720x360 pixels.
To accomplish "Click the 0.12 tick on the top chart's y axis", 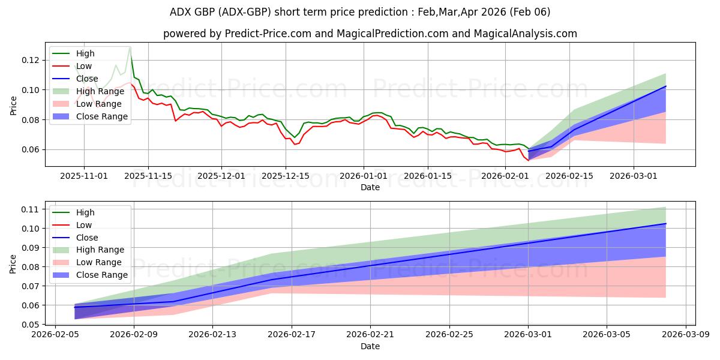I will (x=31, y=60).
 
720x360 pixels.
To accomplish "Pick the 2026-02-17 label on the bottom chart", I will (x=292, y=335).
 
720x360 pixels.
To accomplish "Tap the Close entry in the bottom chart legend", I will (x=87, y=237).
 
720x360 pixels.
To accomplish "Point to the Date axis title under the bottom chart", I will (x=370, y=346).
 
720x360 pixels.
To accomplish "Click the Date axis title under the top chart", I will (x=370, y=187).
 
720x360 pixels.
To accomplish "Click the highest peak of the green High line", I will (x=130, y=47).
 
